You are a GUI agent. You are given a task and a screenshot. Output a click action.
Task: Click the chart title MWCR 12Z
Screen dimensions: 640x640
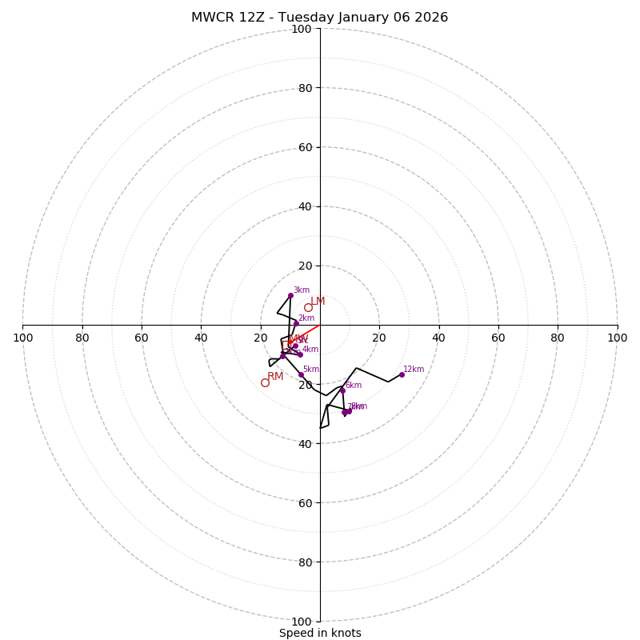[319, 18]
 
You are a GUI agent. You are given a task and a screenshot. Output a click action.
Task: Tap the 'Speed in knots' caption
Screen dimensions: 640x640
[320, 633]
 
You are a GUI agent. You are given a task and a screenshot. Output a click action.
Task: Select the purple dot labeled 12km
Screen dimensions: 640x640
[402, 374]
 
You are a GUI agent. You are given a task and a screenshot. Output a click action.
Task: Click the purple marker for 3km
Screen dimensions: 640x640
[290, 295]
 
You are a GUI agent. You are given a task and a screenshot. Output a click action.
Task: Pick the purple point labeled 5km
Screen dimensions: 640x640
[301, 374]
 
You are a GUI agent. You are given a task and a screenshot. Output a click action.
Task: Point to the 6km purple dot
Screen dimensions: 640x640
[342, 390]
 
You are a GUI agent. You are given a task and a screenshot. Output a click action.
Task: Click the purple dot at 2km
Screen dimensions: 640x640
[296, 323]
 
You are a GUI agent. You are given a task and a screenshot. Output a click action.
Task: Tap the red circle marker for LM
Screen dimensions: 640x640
[308, 307]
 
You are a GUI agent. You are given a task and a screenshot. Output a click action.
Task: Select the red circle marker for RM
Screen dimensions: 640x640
[265, 382]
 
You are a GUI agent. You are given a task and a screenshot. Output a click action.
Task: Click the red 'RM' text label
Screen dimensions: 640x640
[275, 376]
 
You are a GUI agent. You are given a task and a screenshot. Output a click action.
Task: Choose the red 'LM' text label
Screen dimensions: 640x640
[318, 301]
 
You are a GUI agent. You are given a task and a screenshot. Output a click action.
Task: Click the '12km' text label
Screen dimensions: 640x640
[414, 370]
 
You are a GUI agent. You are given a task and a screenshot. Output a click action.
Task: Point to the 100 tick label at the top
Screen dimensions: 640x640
[302, 29]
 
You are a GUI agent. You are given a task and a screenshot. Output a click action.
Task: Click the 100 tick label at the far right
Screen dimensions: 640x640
[617, 338]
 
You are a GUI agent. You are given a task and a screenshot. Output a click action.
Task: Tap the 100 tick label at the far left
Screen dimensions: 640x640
[23, 338]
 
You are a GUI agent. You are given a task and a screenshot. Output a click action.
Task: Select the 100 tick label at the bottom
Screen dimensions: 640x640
[302, 621]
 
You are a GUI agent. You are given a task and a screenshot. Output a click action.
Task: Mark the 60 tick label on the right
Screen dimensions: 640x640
[498, 338]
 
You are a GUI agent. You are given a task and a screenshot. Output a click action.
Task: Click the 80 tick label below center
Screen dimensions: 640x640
[305, 562]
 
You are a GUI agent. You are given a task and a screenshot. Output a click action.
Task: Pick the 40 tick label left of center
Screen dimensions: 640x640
[201, 338]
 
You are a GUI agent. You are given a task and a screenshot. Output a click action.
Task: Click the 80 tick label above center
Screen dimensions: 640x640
[305, 88]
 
